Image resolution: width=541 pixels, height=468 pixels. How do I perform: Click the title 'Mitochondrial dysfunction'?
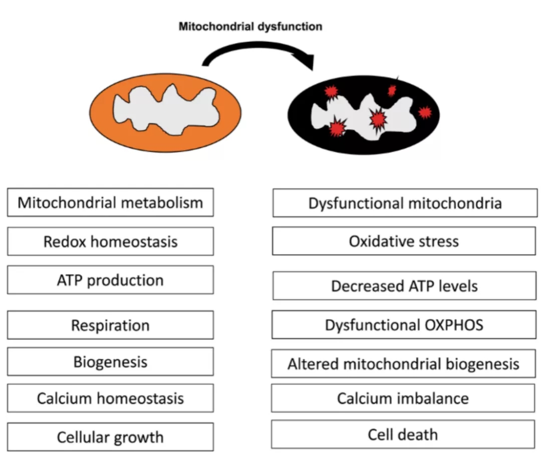(x=250, y=27)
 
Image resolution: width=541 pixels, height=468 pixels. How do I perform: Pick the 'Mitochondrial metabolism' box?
(x=110, y=202)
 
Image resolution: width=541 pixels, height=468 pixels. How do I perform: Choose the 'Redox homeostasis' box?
(x=110, y=242)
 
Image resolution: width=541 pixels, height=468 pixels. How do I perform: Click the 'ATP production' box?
(x=110, y=280)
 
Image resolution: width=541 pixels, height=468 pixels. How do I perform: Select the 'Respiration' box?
(x=110, y=325)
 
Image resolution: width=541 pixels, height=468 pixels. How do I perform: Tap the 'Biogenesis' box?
(x=110, y=362)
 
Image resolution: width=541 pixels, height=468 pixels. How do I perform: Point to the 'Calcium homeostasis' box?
(x=110, y=398)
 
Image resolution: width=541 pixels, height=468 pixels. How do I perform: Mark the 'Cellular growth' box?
(x=110, y=437)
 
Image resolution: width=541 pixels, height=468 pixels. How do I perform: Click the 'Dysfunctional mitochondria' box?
(x=405, y=203)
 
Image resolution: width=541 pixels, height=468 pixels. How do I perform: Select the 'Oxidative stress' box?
(x=404, y=241)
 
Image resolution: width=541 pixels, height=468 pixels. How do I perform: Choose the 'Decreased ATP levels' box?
(x=404, y=286)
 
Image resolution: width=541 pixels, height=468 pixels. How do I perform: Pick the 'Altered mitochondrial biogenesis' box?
(x=403, y=364)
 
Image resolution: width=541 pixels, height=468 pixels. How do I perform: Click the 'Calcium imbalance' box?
(x=403, y=398)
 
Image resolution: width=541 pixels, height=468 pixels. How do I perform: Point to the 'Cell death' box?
(x=403, y=434)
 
